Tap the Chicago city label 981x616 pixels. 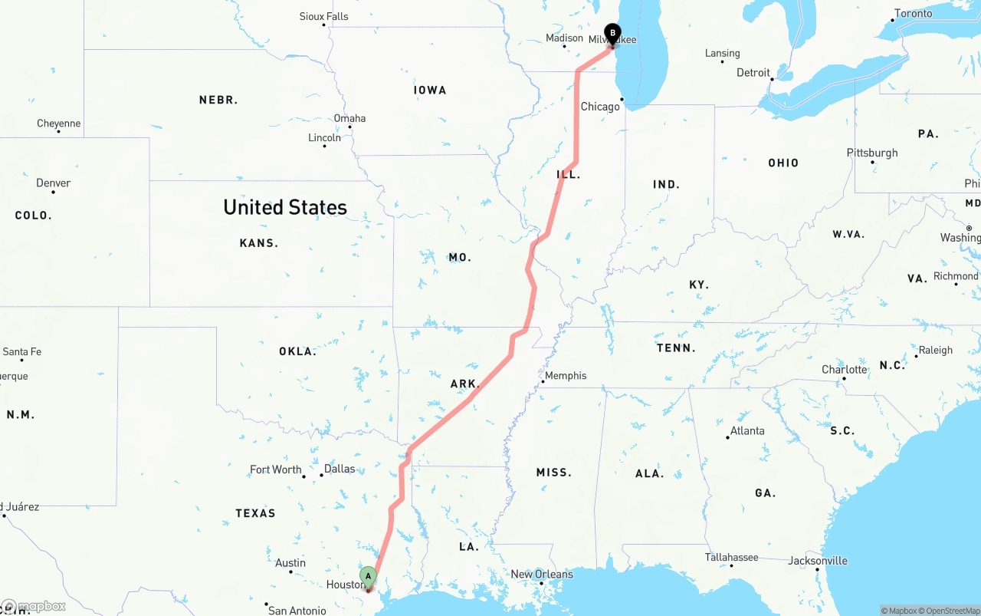coord(600,107)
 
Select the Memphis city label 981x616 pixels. coord(566,376)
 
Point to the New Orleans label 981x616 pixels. coord(542,574)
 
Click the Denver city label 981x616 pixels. coord(53,183)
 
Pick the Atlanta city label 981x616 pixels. coord(747,430)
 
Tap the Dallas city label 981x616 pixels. coord(340,469)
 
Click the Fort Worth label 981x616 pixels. coord(276,469)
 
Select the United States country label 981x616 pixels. coord(285,207)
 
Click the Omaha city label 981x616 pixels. coord(349,118)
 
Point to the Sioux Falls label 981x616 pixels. coord(323,16)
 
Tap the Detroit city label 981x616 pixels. coord(753,72)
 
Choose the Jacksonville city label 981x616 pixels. coord(818,561)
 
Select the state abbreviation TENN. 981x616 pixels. coord(676,348)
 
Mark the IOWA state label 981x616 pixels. coord(430,91)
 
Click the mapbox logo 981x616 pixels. coord(34,606)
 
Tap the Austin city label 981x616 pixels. coord(290,562)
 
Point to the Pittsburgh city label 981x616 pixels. coord(872,153)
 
